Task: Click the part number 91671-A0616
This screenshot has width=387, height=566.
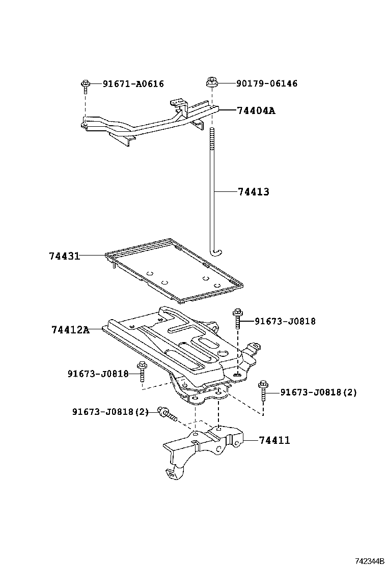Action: coord(133,84)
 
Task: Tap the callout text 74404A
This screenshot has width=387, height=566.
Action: coord(256,110)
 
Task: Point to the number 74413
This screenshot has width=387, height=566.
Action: coord(253,192)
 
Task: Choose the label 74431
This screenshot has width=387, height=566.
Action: coord(64,256)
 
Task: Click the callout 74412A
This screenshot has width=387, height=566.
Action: coord(70,330)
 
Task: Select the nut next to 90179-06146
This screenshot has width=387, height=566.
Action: coord(211,82)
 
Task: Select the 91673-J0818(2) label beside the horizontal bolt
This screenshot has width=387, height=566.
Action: coord(110,411)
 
